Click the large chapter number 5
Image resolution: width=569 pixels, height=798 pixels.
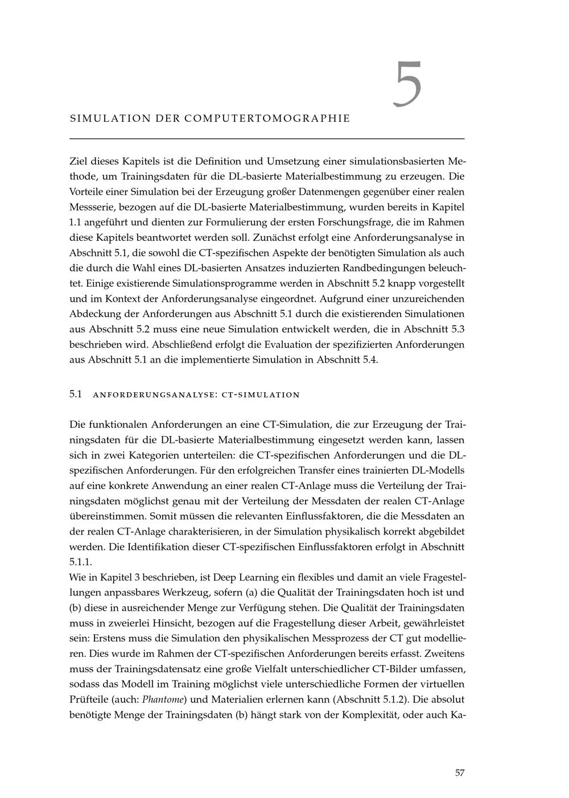tap(407, 85)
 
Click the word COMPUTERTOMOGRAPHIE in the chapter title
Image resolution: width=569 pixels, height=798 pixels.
tap(267, 118)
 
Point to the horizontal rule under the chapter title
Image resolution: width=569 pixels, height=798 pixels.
tap(267, 138)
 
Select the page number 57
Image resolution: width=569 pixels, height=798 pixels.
tap(460, 772)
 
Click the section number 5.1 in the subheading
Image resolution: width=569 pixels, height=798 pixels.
tap(76, 394)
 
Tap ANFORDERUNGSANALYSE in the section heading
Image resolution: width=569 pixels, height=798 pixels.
tap(152, 394)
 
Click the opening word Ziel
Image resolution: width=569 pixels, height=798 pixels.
tap(80, 161)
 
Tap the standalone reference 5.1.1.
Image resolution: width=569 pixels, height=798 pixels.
tap(80, 562)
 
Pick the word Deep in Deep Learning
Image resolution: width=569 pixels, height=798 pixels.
tap(243, 577)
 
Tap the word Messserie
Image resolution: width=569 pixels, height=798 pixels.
tap(89, 207)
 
